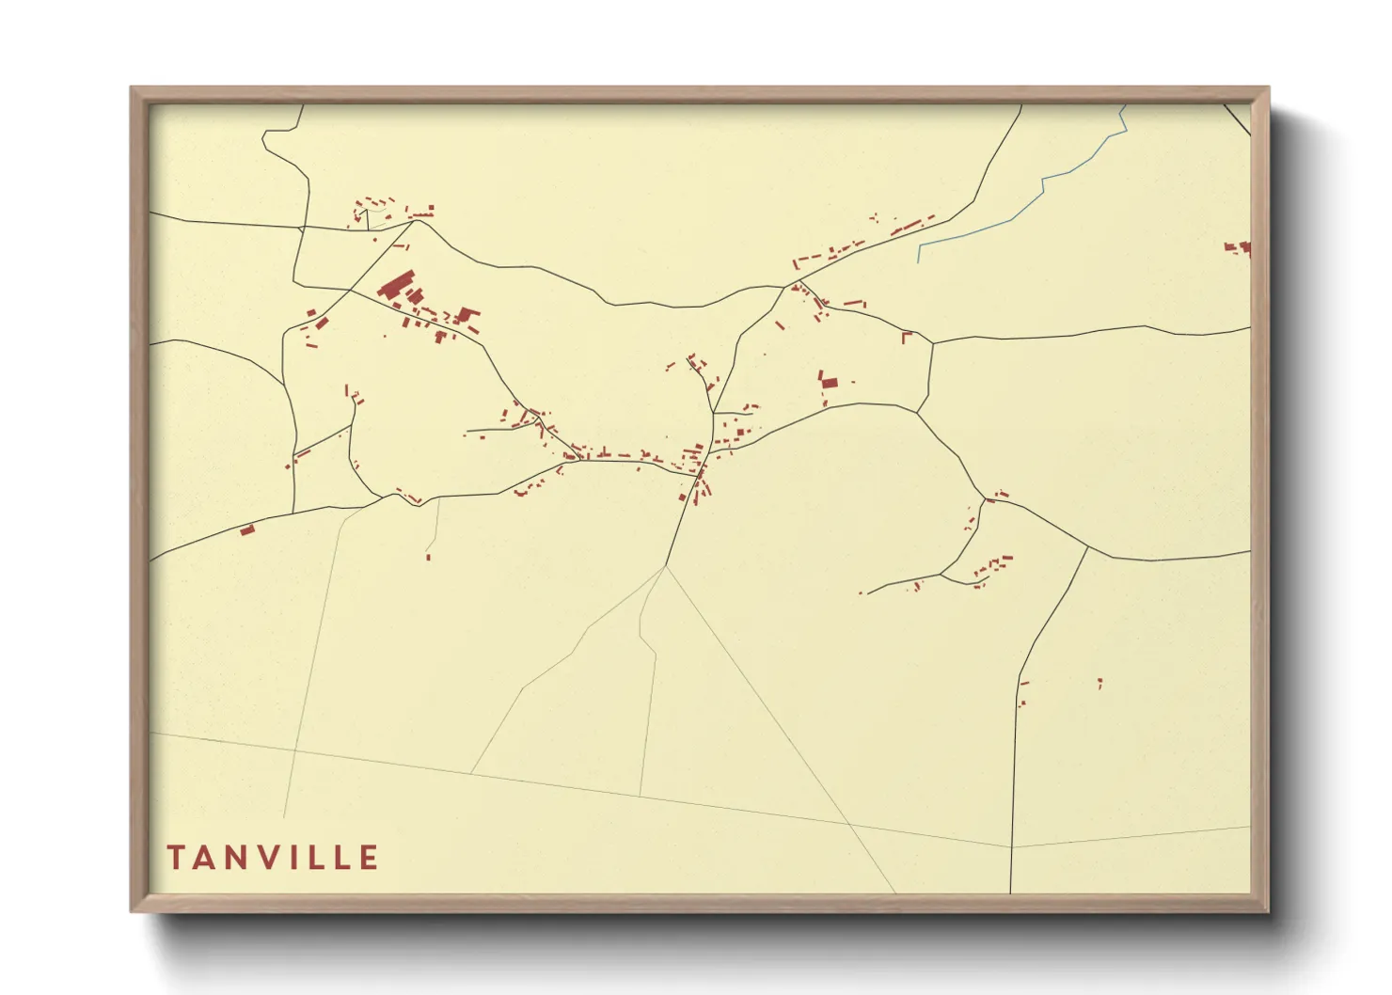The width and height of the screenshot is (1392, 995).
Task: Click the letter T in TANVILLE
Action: click(x=176, y=858)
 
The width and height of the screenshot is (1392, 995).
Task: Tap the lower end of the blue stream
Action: click(x=919, y=261)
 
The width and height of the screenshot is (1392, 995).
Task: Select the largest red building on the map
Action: click(x=396, y=284)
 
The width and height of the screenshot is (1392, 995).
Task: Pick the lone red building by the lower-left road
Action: click(x=247, y=530)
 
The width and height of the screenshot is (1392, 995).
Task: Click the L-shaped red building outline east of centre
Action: click(x=907, y=336)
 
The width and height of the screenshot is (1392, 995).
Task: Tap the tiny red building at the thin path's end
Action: click(x=428, y=557)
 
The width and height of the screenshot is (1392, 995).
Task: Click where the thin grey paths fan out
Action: click(x=665, y=566)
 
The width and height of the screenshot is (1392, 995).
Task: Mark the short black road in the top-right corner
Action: click(x=1238, y=118)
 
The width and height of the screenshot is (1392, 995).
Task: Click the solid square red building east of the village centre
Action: click(x=829, y=381)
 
